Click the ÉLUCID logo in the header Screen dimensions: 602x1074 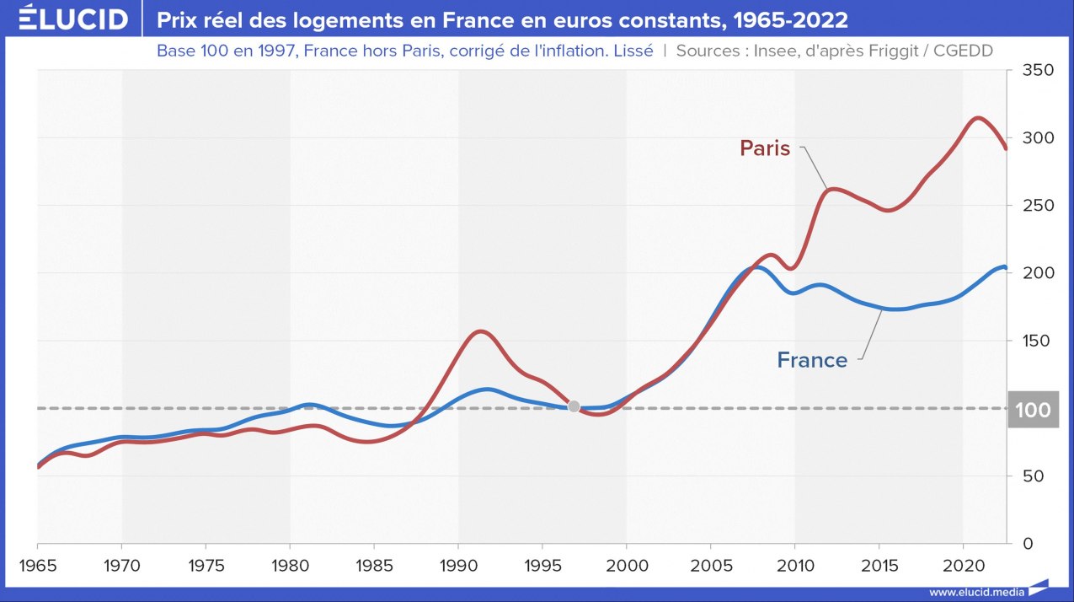click(73, 19)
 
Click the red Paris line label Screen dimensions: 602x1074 click(765, 148)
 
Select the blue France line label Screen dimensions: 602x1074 click(812, 360)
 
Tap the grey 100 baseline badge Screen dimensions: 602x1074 click(1033, 411)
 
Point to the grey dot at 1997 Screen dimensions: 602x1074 click(574, 406)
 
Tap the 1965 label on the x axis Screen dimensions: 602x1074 click(37, 562)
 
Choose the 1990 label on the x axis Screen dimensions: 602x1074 click(457, 562)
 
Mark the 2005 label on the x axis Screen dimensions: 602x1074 click(710, 562)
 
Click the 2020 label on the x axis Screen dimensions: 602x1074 click(963, 562)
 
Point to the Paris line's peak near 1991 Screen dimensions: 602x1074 click(481, 331)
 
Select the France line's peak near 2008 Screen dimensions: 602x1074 click(756, 267)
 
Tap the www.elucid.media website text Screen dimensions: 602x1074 click(977, 592)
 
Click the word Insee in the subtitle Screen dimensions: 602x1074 click(768, 51)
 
